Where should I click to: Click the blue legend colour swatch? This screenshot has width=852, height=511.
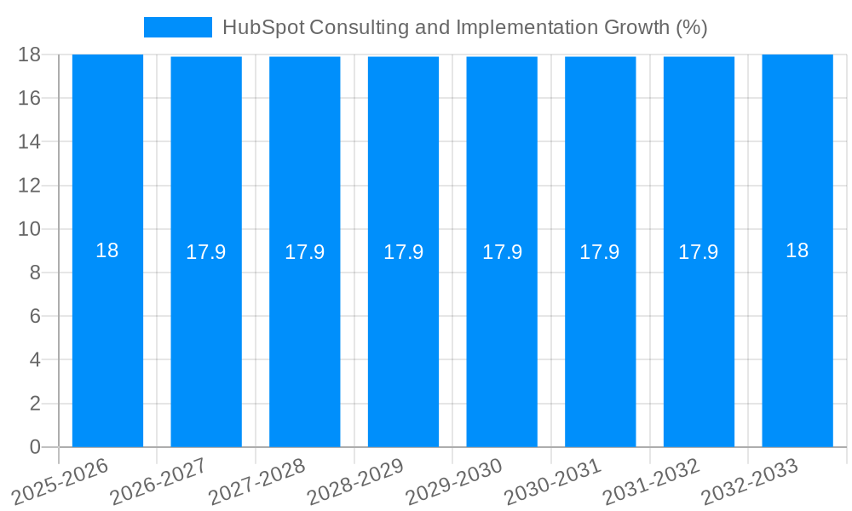click(177, 27)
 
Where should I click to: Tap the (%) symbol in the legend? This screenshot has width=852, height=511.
click(692, 27)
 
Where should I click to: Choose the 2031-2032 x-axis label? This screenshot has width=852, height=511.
click(651, 482)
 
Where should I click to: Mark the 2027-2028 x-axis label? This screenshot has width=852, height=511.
click(256, 482)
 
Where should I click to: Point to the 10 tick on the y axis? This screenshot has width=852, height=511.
click(29, 229)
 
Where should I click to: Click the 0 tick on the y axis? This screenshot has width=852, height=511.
click(35, 447)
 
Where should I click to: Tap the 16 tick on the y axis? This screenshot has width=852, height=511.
click(29, 98)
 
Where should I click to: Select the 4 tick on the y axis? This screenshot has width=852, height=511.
click(35, 359)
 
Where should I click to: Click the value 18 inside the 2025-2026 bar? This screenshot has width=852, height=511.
click(107, 250)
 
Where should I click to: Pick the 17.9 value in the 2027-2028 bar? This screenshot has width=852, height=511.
click(304, 252)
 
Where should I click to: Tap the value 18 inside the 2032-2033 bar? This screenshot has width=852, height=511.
click(797, 250)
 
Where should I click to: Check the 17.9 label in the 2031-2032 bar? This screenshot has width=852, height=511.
click(699, 252)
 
